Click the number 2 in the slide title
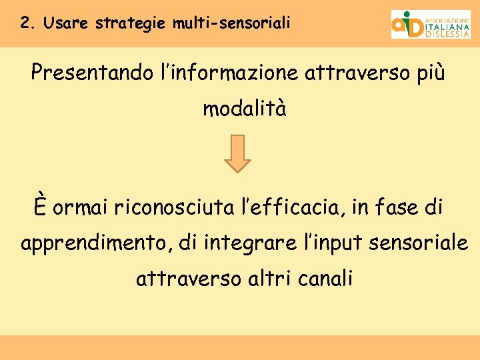coord(25,23)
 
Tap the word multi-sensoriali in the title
coord(231,23)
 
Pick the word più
coord(426,73)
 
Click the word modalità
coord(245,109)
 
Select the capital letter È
coord(42,206)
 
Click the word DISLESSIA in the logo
coord(447,35)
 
